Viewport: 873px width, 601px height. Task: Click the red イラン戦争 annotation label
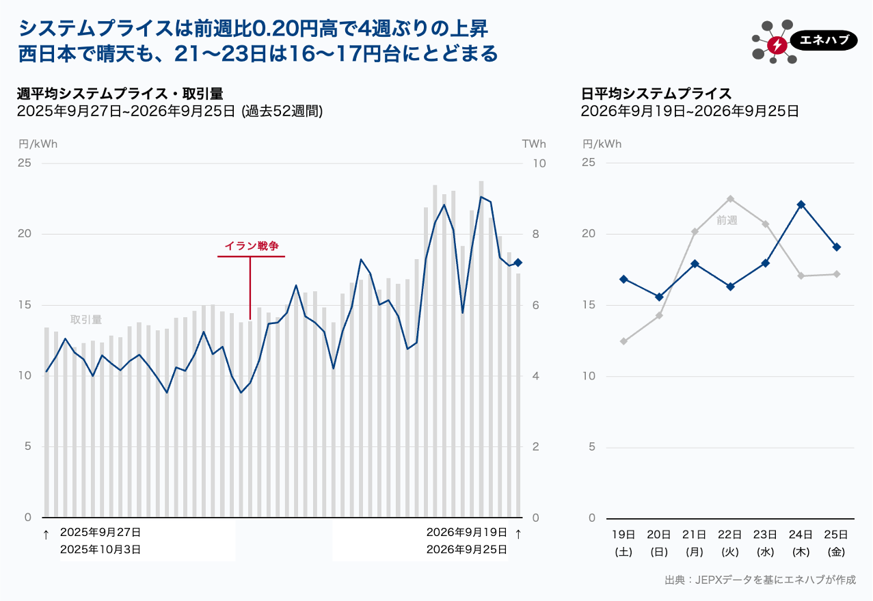click(x=252, y=246)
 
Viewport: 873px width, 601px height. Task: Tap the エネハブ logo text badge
click(x=824, y=40)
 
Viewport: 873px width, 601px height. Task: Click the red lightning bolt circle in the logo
click(x=777, y=45)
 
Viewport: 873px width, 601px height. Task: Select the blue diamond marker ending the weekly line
click(x=518, y=263)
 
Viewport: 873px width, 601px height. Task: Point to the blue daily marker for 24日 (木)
click(x=801, y=204)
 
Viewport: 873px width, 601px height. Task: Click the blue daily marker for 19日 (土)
click(x=623, y=279)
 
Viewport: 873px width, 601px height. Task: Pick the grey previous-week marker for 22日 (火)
click(x=730, y=199)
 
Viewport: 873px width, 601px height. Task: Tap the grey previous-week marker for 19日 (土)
click(x=623, y=341)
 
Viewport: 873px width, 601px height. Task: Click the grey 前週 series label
click(x=727, y=221)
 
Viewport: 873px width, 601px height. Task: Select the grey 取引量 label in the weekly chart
click(x=86, y=319)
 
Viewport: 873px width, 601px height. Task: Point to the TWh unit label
click(x=534, y=144)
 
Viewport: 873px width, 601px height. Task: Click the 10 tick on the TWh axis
click(x=539, y=163)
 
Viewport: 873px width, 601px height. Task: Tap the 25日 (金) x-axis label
click(x=836, y=543)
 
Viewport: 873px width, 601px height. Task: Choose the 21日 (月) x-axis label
click(x=695, y=543)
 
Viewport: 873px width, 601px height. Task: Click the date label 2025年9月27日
click(x=100, y=532)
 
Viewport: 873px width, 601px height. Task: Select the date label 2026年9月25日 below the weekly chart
click(x=466, y=549)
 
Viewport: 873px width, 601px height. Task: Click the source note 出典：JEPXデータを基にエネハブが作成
click(x=760, y=580)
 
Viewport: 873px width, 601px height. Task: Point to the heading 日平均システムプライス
click(x=656, y=94)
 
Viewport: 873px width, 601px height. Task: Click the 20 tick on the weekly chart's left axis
click(x=24, y=233)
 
